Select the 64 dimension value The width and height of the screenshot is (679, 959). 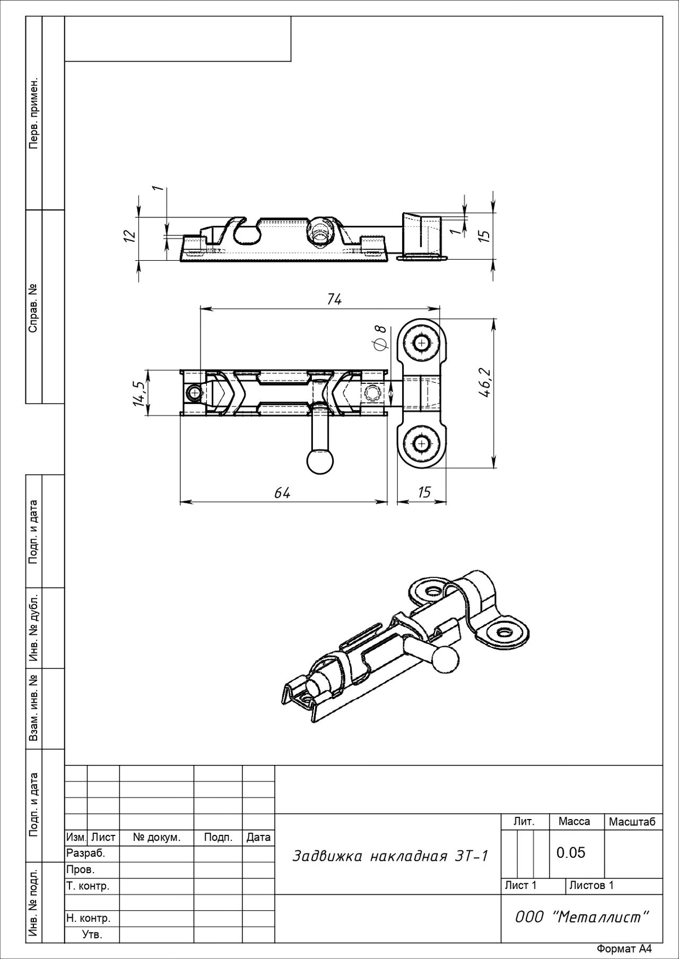point(282,493)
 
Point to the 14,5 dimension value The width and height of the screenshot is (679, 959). point(140,393)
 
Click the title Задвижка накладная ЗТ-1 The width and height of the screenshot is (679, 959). point(390,856)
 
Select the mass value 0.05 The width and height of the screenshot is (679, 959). point(571,852)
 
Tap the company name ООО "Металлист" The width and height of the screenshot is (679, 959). point(582,917)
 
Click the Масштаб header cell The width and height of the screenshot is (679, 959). point(632,822)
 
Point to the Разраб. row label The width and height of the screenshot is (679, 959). point(86,854)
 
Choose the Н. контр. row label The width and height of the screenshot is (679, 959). point(88,918)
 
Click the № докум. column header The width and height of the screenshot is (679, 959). point(156,838)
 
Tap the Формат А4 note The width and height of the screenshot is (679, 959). point(623,949)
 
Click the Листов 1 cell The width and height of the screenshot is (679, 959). point(591,885)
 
